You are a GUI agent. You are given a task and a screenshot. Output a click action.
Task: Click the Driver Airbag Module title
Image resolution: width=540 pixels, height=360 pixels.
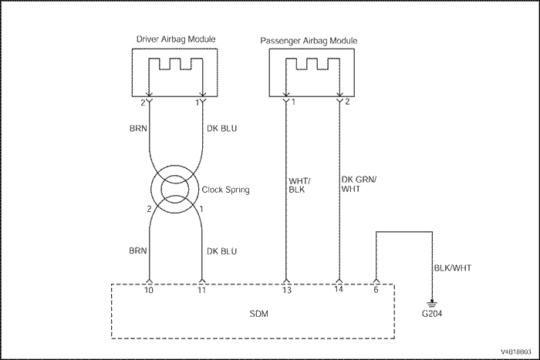pyautogui.click(x=175, y=39)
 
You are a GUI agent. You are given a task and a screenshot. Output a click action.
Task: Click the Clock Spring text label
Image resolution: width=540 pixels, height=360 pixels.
pyautogui.click(x=224, y=190)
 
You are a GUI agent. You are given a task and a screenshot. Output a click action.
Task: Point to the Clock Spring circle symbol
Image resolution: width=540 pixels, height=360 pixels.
pyautogui.click(x=175, y=190)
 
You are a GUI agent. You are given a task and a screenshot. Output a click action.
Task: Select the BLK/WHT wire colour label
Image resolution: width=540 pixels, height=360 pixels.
pyautogui.click(x=451, y=268)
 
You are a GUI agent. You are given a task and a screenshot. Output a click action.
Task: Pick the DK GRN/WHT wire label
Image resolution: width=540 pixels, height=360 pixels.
pyautogui.click(x=357, y=187)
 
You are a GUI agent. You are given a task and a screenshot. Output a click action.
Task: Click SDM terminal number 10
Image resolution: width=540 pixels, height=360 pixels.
pyautogui.click(x=150, y=291)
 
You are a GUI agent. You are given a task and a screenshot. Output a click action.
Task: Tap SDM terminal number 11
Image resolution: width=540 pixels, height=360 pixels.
pyautogui.click(x=202, y=291)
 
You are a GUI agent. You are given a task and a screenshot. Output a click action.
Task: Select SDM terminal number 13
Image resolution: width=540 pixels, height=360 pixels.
pyautogui.click(x=286, y=291)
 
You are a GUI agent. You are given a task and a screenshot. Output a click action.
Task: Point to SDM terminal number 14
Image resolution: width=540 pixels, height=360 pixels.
pyautogui.click(x=339, y=291)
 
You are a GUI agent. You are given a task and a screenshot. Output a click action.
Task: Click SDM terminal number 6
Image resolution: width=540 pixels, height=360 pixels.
pyautogui.click(x=376, y=291)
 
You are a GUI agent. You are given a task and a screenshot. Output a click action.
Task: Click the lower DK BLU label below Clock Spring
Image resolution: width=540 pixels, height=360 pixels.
pyautogui.click(x=222, y=251)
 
